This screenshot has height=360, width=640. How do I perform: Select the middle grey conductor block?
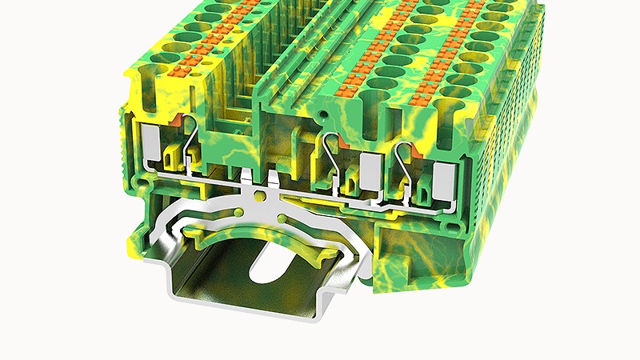pos(370,168)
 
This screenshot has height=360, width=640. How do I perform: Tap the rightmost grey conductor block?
pos(442,180)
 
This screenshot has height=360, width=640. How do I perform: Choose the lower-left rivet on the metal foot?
pos(242,211)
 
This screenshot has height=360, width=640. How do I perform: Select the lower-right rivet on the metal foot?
pos(282,218)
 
